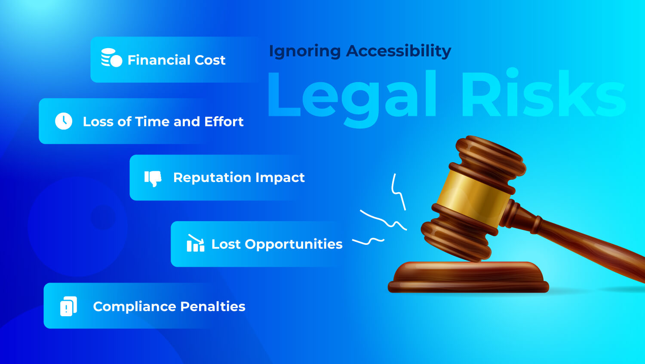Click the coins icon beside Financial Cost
(x=111, y=58)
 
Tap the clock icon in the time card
(x=64, y=121)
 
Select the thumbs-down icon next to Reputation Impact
(x=153, y=178)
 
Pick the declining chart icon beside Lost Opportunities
(x=195, y=244)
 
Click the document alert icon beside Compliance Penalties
(x=68, y=306)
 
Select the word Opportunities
(x=294, y=244)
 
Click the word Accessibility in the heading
(x=399, y=51)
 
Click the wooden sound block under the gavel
(x=468, y=277)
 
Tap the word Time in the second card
(x=153, y=122)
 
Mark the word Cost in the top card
(x=210, y=60)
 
